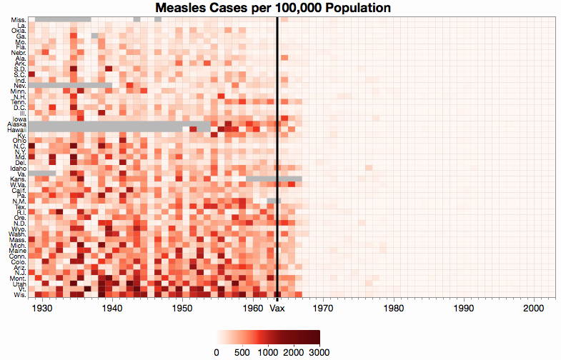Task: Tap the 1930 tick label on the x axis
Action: click(42, 309)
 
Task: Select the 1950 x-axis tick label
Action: click(183, 309)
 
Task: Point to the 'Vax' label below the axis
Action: click(277, 309)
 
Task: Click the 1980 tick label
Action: click(394, 309)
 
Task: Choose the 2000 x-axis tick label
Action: click(535, 309)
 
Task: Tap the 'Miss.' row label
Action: click(19, 19)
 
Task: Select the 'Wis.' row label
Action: click(19, 294)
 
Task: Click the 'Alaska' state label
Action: click(17, 124)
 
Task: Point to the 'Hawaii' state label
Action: click(17, 130)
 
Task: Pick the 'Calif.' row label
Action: click(19, 190)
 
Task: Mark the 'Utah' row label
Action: click(19, 284)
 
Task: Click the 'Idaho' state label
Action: click(19, 168)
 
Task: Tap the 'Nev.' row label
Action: click(19, 86)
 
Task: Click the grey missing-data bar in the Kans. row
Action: click(274, 179)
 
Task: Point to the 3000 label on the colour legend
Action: click(319, 351)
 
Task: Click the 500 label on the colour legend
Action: click(242, 351)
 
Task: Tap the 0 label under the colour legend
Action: click(217, 351)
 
